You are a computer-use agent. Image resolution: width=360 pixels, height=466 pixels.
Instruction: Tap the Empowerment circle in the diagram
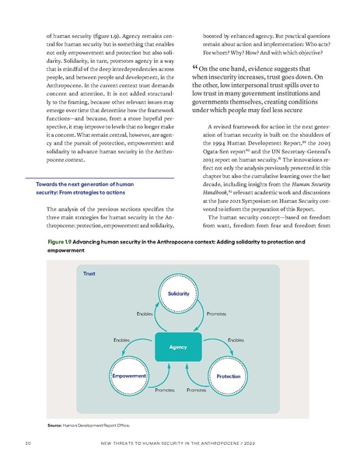(129, 376)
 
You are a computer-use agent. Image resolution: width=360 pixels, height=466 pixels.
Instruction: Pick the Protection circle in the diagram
(228, 376)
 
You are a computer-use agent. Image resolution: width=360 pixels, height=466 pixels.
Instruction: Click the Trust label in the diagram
(90, 274)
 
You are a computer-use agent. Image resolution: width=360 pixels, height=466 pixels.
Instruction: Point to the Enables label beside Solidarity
(145, 314)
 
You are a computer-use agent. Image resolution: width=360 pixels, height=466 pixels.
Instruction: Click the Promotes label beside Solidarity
(217, 314)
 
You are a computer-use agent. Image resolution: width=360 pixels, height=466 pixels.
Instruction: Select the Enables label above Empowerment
(121, 340)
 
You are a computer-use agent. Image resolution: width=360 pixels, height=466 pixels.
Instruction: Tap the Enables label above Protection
(236, 340)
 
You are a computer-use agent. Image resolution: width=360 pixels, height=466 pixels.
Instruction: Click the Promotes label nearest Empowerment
(164, 388)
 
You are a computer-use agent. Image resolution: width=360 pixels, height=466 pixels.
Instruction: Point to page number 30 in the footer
(28, 445)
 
